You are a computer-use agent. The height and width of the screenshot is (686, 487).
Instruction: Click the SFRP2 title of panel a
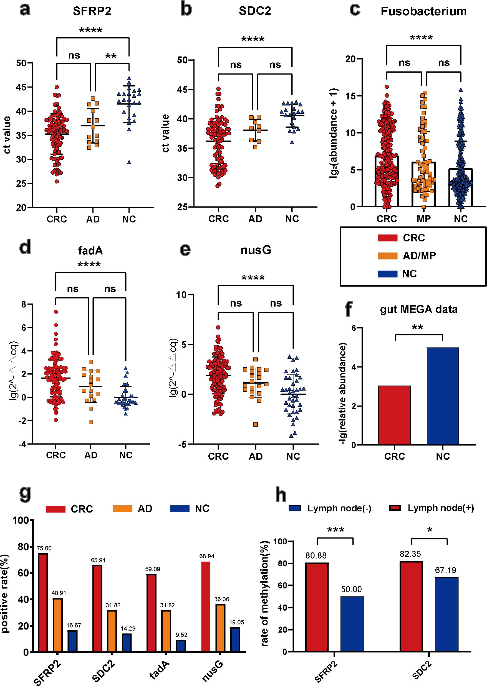[x=92, y=11]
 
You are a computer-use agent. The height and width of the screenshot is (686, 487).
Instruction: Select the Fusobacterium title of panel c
[x=423, y=11]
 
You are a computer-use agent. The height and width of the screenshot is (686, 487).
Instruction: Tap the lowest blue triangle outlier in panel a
[x=129, y=162]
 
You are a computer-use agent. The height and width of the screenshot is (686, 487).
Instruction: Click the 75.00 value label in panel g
[x=44, y=549]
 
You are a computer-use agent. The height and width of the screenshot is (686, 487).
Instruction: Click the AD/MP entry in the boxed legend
[x=419, y=256]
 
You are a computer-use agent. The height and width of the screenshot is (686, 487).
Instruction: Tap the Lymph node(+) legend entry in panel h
[x=440, y=508]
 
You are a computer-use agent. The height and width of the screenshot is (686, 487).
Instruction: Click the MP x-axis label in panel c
[x=423, y=219]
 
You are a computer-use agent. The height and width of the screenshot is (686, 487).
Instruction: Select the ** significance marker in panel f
[x=418, y=327]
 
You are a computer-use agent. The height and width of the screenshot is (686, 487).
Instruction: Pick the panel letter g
[x=25, y=493]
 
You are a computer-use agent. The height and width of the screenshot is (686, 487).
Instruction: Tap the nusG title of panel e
[x=256, y=250]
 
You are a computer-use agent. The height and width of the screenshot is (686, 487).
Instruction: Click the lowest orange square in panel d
[x=90, y=422]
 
